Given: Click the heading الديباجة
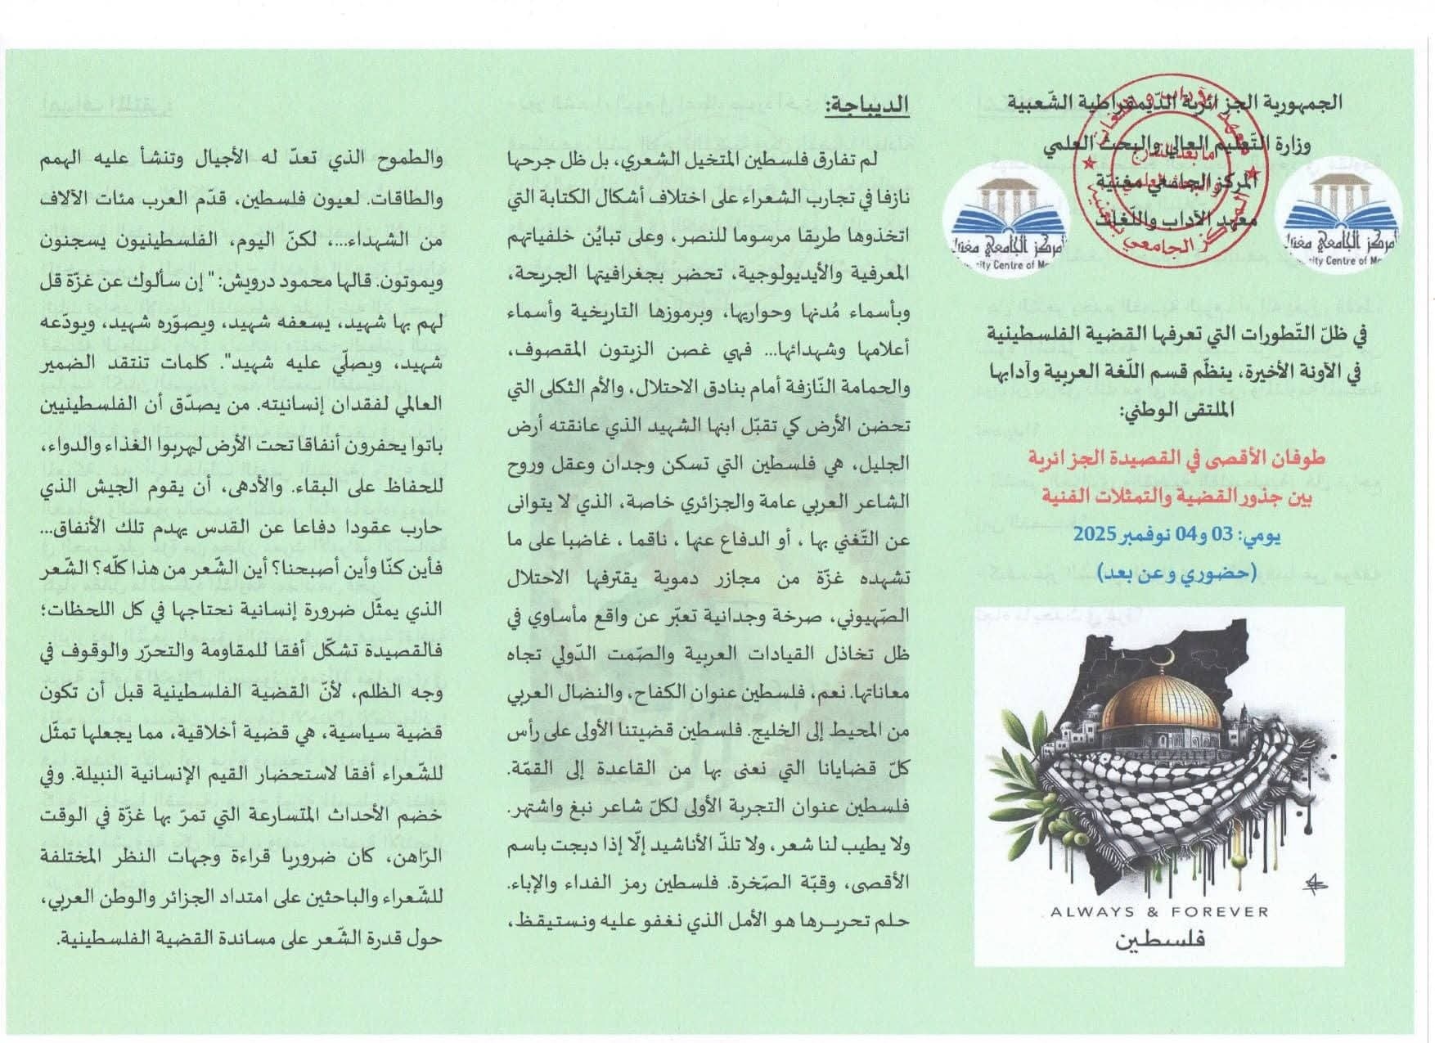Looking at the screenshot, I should (x=866, y=105).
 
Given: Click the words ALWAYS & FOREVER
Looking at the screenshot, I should (x=1159, y=912).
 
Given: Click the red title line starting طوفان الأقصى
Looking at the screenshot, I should (x=1174, y=459).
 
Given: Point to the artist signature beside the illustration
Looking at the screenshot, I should (x=1316, y=882).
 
